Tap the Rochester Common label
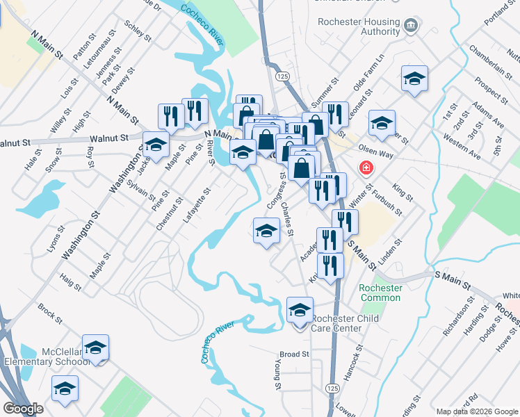tap(380, 293)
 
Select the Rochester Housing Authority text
tap(359, 26)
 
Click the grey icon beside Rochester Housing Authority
tap(411, 26)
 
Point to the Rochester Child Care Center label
tap(336, 323)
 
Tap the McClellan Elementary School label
tap(47, 356)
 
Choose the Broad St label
tap(294, 354)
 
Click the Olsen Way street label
tap(376, 148)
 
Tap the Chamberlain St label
tap(486, 59)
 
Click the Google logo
tap(24, 409)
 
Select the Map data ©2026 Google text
tap(477, 411)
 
